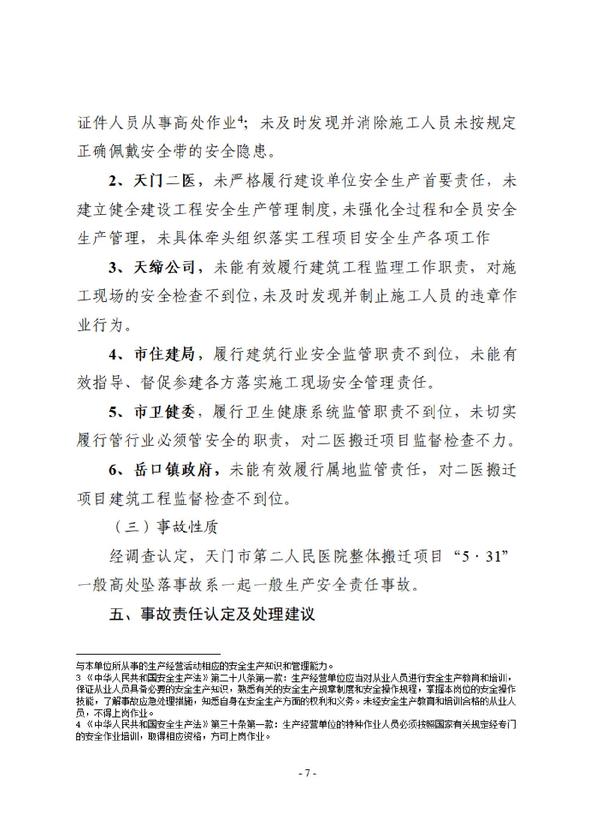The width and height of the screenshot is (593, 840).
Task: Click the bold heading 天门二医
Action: tap(164, 181)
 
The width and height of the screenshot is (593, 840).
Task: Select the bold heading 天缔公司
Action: tap(164, 267)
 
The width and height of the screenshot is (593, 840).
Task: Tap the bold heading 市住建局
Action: tap(164, 354)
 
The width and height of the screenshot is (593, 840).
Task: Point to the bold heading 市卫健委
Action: tap(164, 411)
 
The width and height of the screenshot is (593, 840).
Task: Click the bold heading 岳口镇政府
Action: tap(172, 469)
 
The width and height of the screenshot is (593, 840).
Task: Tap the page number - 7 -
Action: tap(307, 773)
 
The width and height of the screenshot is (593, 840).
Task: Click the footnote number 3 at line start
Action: tap(78, 678)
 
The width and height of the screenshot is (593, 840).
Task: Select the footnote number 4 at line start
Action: tap(78, 724)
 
